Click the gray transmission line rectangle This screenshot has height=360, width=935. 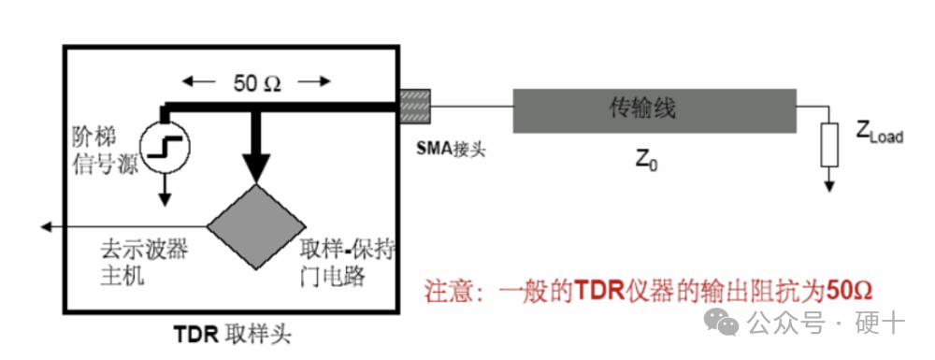tap(654, 109)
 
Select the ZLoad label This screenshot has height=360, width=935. tap(879, 135)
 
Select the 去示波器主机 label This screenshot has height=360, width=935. tap(137, 264)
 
